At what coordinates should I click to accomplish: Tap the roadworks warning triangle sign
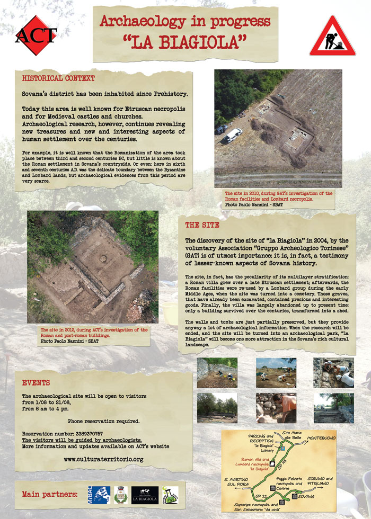332,37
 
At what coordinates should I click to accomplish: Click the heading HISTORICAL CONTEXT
58,78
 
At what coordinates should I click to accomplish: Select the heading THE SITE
202,225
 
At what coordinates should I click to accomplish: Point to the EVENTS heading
36,382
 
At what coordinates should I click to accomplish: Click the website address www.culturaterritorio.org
103,459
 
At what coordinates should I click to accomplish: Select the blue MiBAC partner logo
99,495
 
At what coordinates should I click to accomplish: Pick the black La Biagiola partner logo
145,495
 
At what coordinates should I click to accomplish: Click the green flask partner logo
170,495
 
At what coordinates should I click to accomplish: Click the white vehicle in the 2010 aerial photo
233,136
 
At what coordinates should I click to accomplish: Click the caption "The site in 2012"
94,330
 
